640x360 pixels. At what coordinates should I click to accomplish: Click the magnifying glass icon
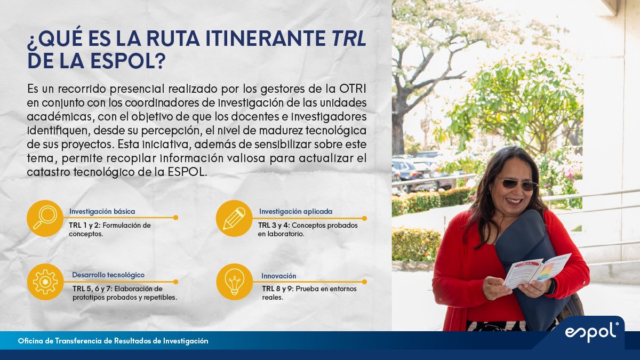click(x=45, y=218)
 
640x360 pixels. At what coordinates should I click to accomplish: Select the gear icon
click(x=45, y=282)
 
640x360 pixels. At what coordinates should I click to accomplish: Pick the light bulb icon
click(x=234, y=282)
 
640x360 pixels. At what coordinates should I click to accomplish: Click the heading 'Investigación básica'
click(x=101, y=212)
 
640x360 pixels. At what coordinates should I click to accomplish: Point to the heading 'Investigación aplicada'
click(x=295, y=212)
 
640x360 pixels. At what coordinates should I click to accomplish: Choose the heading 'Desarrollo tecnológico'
click(x=108, y=275)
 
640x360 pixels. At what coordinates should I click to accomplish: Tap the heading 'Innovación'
click(x=278, y=276)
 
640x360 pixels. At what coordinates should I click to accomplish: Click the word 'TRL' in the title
click(x=349, y=40)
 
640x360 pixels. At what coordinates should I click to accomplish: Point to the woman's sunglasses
click(x=517, y=184)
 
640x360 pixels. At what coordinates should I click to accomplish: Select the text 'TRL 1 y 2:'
click(x=85, y=226)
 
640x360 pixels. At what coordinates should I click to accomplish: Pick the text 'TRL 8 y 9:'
click(x=278, y=289)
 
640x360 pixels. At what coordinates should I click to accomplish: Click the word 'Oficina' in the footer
click(x=30, y=340)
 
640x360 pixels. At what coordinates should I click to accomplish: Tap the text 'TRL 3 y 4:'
click(x=274, y=226)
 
